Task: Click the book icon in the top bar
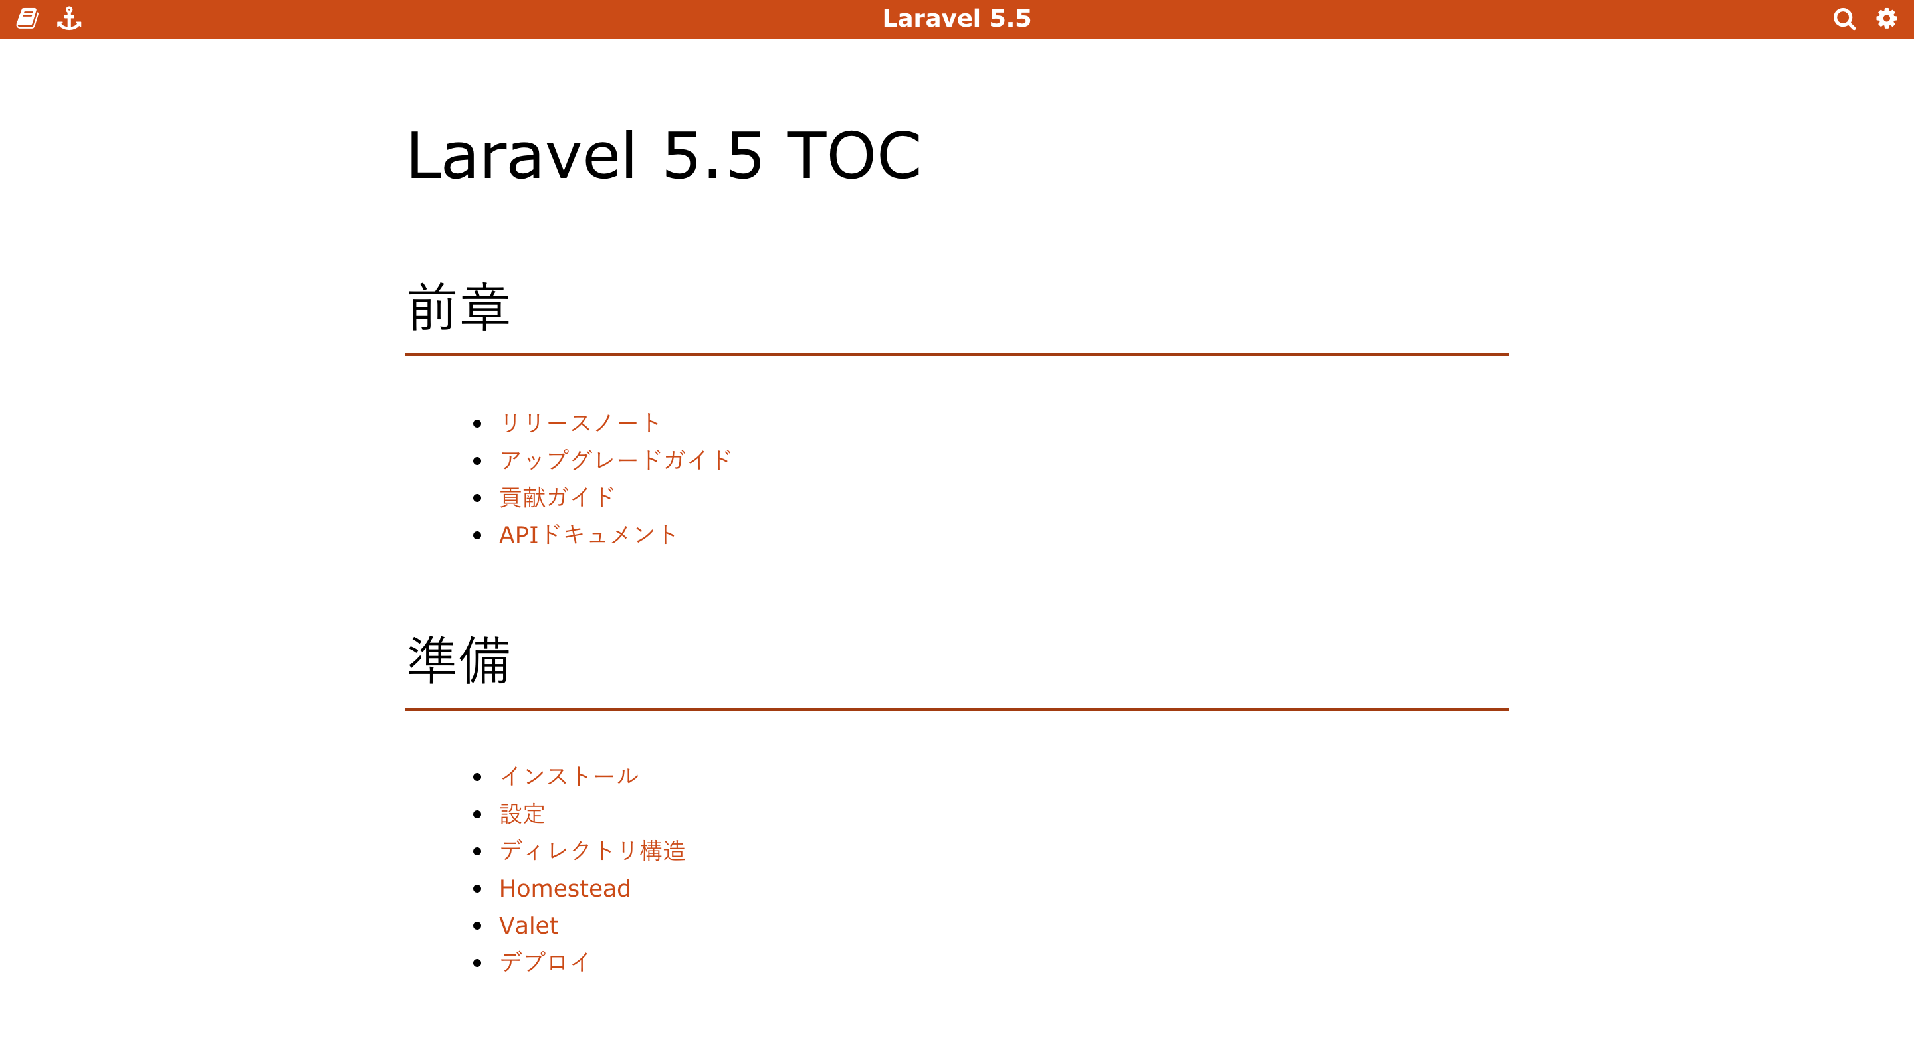[x=27, y=19]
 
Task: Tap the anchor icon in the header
[x=69, y=19]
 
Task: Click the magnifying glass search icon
[x=1844, y=19]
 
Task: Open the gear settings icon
[x=1887, y=19]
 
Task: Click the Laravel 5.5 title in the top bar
[x=957, y=19]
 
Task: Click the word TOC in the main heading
[x=854, y=155]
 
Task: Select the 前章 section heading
[x=459, y=307]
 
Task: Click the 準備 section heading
[x=459, y=659]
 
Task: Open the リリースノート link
[x=580, y=423]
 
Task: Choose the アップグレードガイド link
[x=615, y=460]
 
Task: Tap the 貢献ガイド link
[x=556, y=497]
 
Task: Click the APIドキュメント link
[x=587, y=535]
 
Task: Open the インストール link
[x=569, y=776]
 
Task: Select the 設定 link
[x=522, y=814]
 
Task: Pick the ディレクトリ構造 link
[x=592, y=851]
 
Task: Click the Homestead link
[x=565, y=889]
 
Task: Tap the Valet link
[x=528, y=925]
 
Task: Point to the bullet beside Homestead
[x=477, y=889]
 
